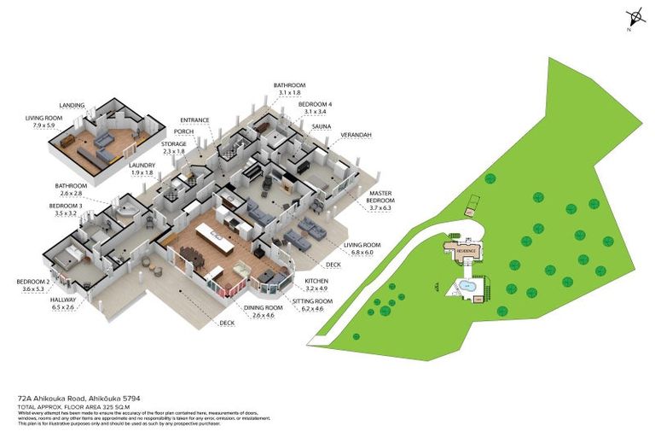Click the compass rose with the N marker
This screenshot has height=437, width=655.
coord(634,17)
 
